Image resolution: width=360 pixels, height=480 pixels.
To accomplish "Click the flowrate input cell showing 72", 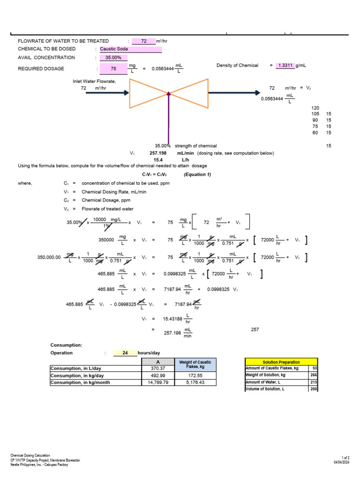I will coord(144,41).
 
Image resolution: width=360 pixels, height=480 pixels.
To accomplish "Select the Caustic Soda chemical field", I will coord(130,49).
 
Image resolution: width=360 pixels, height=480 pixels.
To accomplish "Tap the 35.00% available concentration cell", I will coord(113,58).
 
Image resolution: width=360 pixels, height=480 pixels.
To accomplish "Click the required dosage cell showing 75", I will coord(113,69).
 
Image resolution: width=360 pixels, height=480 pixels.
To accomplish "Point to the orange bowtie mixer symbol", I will coord(169,93).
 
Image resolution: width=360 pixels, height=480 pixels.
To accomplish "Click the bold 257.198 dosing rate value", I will coord(158,153).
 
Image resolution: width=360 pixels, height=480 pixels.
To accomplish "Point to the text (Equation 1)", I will coord(197,174).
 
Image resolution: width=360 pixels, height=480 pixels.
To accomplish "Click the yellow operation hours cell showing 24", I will coord(125,353).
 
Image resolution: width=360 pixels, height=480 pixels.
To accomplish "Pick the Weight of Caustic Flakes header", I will coord(195,364).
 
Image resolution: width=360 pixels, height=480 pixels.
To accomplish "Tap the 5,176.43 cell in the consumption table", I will coord(195,382).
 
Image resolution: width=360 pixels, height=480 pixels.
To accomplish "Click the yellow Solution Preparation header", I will coord(281,362).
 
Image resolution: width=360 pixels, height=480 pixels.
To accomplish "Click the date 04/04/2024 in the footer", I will coord(341,462).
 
